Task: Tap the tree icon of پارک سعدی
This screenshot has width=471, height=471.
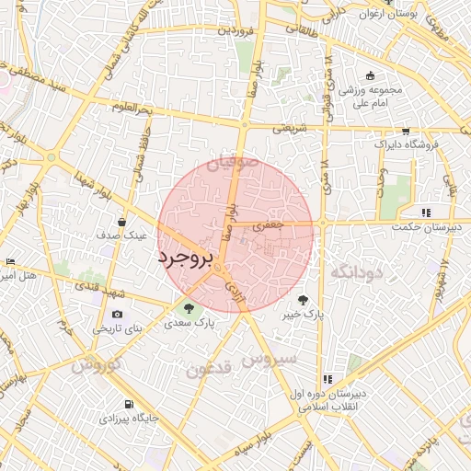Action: tap(188, 308)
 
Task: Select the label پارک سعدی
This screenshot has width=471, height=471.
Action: tap(190, 324)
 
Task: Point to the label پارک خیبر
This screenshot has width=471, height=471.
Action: tap(304, 315)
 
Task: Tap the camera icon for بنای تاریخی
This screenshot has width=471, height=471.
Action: tap(117, 314)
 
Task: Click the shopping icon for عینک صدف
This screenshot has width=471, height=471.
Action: tap(122, 221)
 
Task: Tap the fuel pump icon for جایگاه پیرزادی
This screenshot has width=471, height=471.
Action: tap(127, 405)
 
